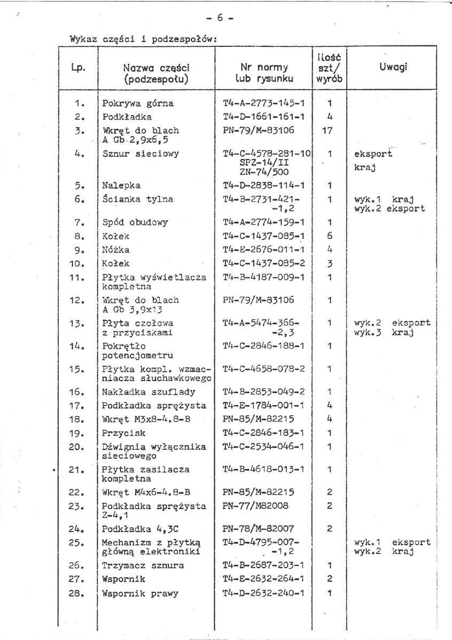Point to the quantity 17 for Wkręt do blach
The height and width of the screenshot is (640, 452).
pyautogui.click(x=330, y=130)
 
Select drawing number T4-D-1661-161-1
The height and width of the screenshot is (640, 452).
pyautogui.click(x=264, y=116)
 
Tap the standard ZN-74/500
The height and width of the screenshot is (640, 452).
pyautogui.click(x=264, y=172)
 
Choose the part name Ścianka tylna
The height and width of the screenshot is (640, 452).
pyautogui.click(x=129, y=199)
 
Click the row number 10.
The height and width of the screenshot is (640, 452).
pyautogui.click(x=77, y=264)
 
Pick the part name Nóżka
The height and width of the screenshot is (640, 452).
pyautogui.click(x=115, y=250)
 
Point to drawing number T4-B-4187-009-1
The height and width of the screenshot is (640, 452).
pyautogui.click(x=264, y=277)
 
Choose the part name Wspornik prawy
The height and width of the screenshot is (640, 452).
pyautogui.click(x=140, y=593)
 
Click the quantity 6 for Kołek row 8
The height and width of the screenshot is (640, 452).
pyautogui.click(x=330, y=236)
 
